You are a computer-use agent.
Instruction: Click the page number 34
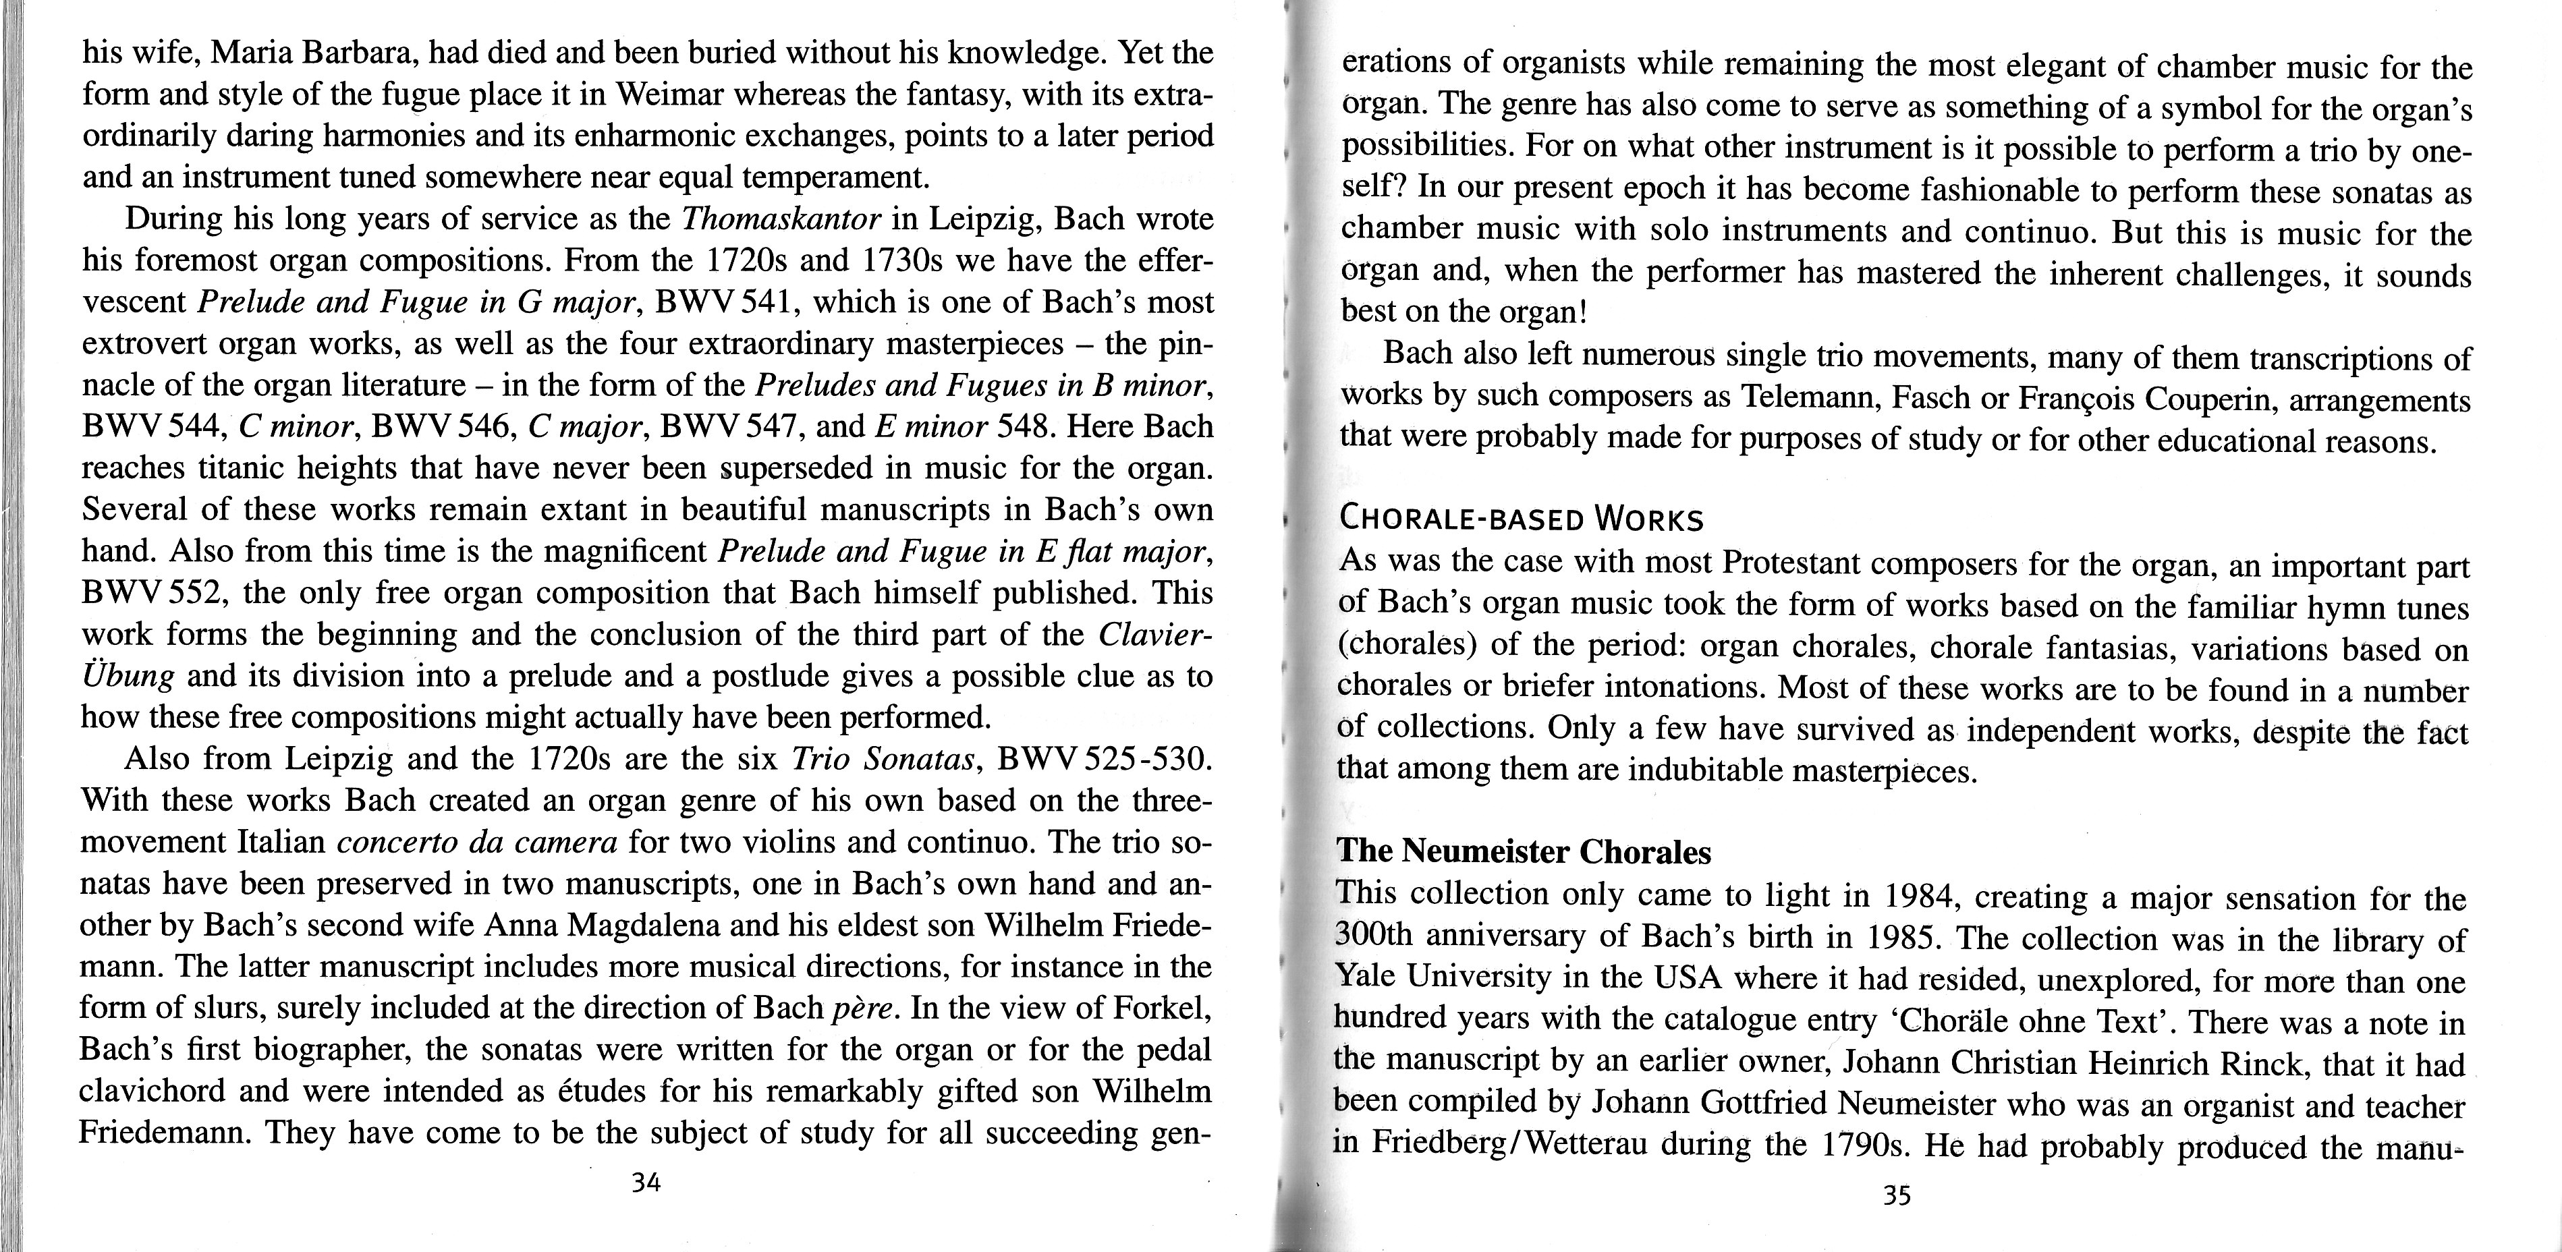tap(646, 1183)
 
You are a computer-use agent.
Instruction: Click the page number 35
tap(1897, 1195)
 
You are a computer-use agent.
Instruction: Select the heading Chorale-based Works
tap(1522, 519)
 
